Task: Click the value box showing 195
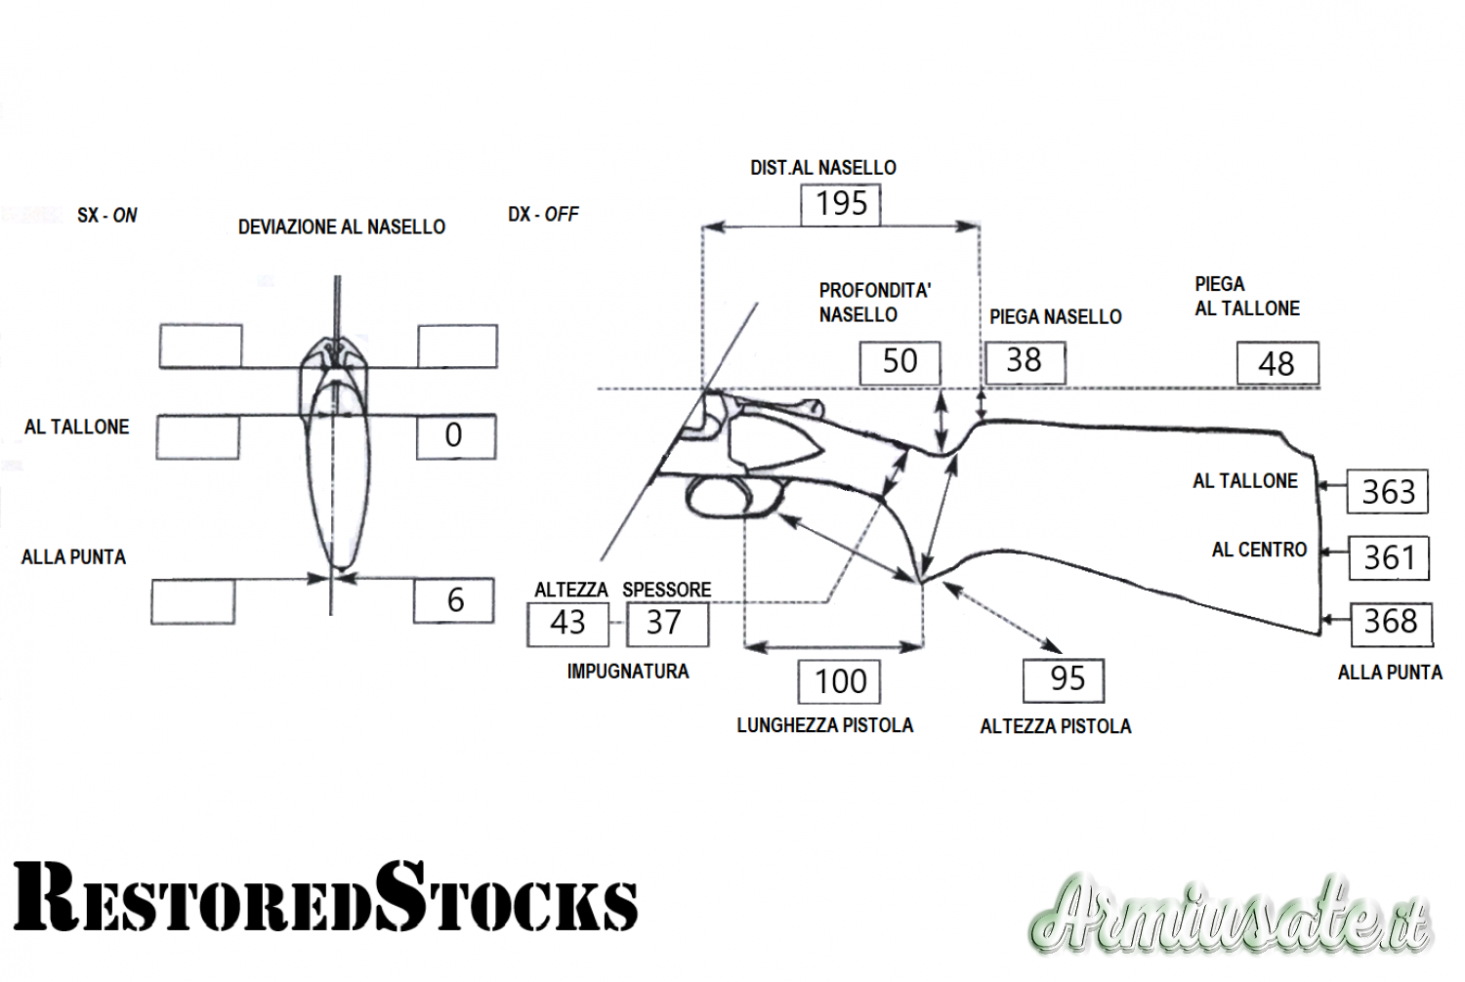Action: coord(841,205)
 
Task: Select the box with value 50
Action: coord(900,362)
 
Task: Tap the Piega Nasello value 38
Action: coord(1025,361)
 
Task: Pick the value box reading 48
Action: coord(1277,364)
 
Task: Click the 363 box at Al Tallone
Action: coord(1388,492)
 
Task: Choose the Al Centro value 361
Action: coord(1389,558)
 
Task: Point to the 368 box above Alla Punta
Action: coord(1391,623)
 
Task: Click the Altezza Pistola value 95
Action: coord(1064,679)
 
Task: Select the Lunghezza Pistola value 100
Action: coord(840,681)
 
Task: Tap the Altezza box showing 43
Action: coord(567,624)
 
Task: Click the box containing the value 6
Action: coord(454,600)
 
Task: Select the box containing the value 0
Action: coord(455,436)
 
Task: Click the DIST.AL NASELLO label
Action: coord(822,168)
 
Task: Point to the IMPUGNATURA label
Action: coord(628,672)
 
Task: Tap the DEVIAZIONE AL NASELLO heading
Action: coord(341,227)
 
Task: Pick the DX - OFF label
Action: coord(543,214)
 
